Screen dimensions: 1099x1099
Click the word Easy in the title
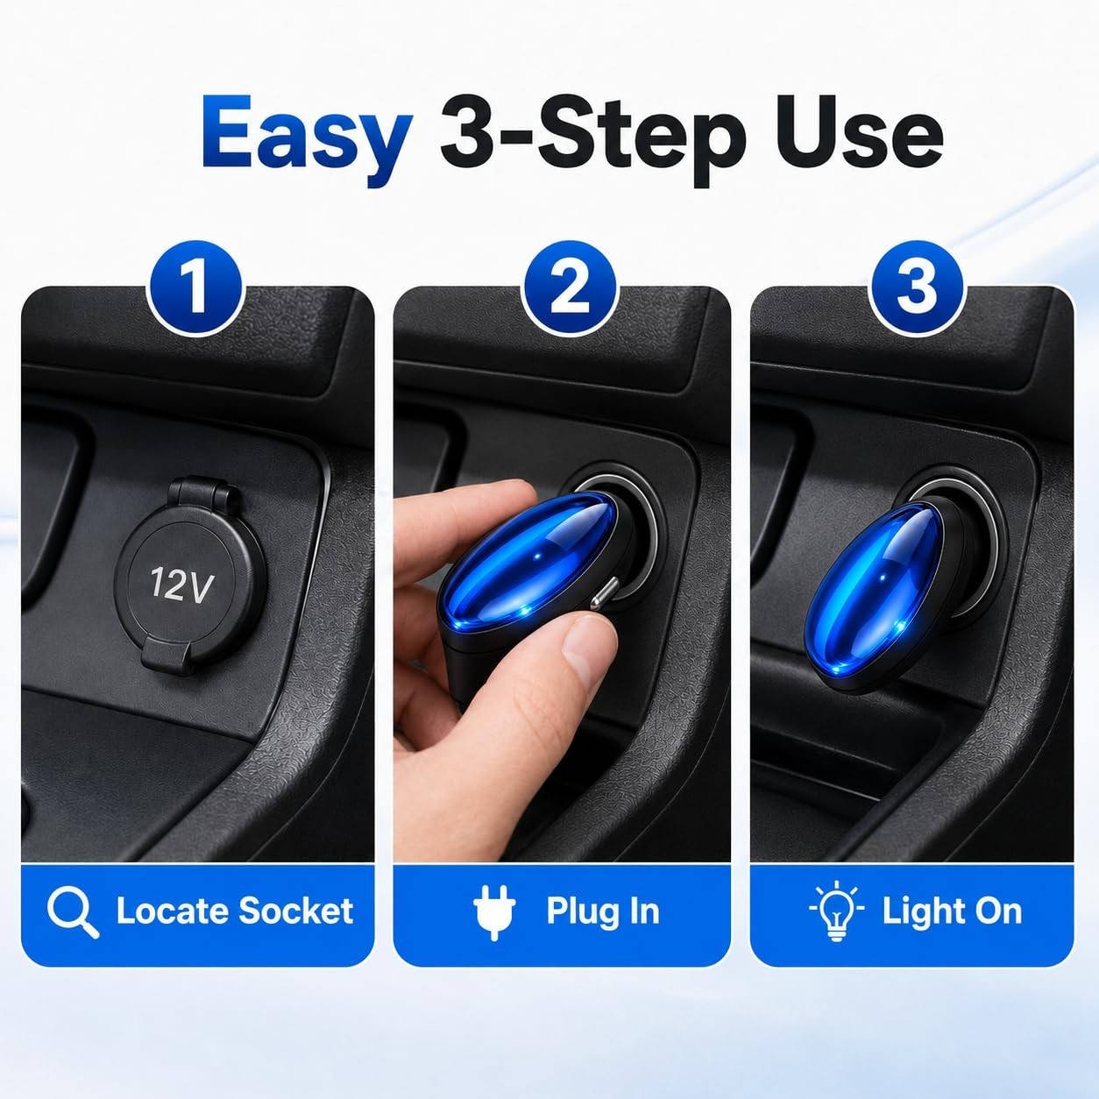click(x=307, y=139)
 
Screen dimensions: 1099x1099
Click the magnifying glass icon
click(x=73, y=911)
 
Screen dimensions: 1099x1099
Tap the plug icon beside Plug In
click(x=494, y=911)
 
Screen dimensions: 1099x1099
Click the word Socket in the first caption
click(x=296, y=911)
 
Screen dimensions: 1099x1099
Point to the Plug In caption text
click(x=603, y=911)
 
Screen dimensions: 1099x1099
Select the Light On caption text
click(x=952, y=911)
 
